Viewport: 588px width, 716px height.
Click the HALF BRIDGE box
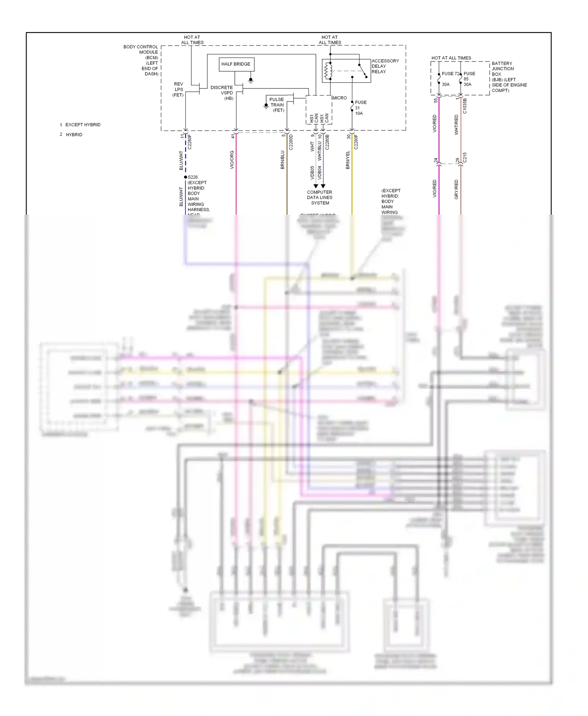(x=236, y=64)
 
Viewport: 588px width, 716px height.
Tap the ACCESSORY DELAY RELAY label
(x=385, y=66)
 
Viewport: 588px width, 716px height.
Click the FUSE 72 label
(x=450, y=74)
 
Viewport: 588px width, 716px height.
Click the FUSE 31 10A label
(x=360, y=108)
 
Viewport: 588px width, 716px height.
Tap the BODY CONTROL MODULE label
(x=142, y=60)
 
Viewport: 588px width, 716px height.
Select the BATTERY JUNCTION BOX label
(x=509, y=77)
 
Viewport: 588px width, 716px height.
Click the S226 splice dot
(x=185, y=177)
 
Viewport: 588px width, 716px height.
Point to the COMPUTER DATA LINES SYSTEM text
(x=320, y=197)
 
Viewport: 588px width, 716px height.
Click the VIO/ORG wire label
(x=232, y=160)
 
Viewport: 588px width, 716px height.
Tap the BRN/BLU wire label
(x=282, y=160)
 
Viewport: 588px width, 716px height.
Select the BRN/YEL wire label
(x=348, y=160)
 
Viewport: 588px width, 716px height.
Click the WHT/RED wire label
(x=456, y=125)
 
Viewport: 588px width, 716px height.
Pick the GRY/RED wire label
(x=456, y=189)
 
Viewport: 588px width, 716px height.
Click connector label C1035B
(x=465, y=106)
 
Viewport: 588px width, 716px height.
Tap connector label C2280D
(x=291, y=142)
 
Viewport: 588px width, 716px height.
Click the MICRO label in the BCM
(x=339, y=98)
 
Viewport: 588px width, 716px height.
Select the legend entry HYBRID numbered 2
(x=74, y=134)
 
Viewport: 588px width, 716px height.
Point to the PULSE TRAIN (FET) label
(x=277, y=105)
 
